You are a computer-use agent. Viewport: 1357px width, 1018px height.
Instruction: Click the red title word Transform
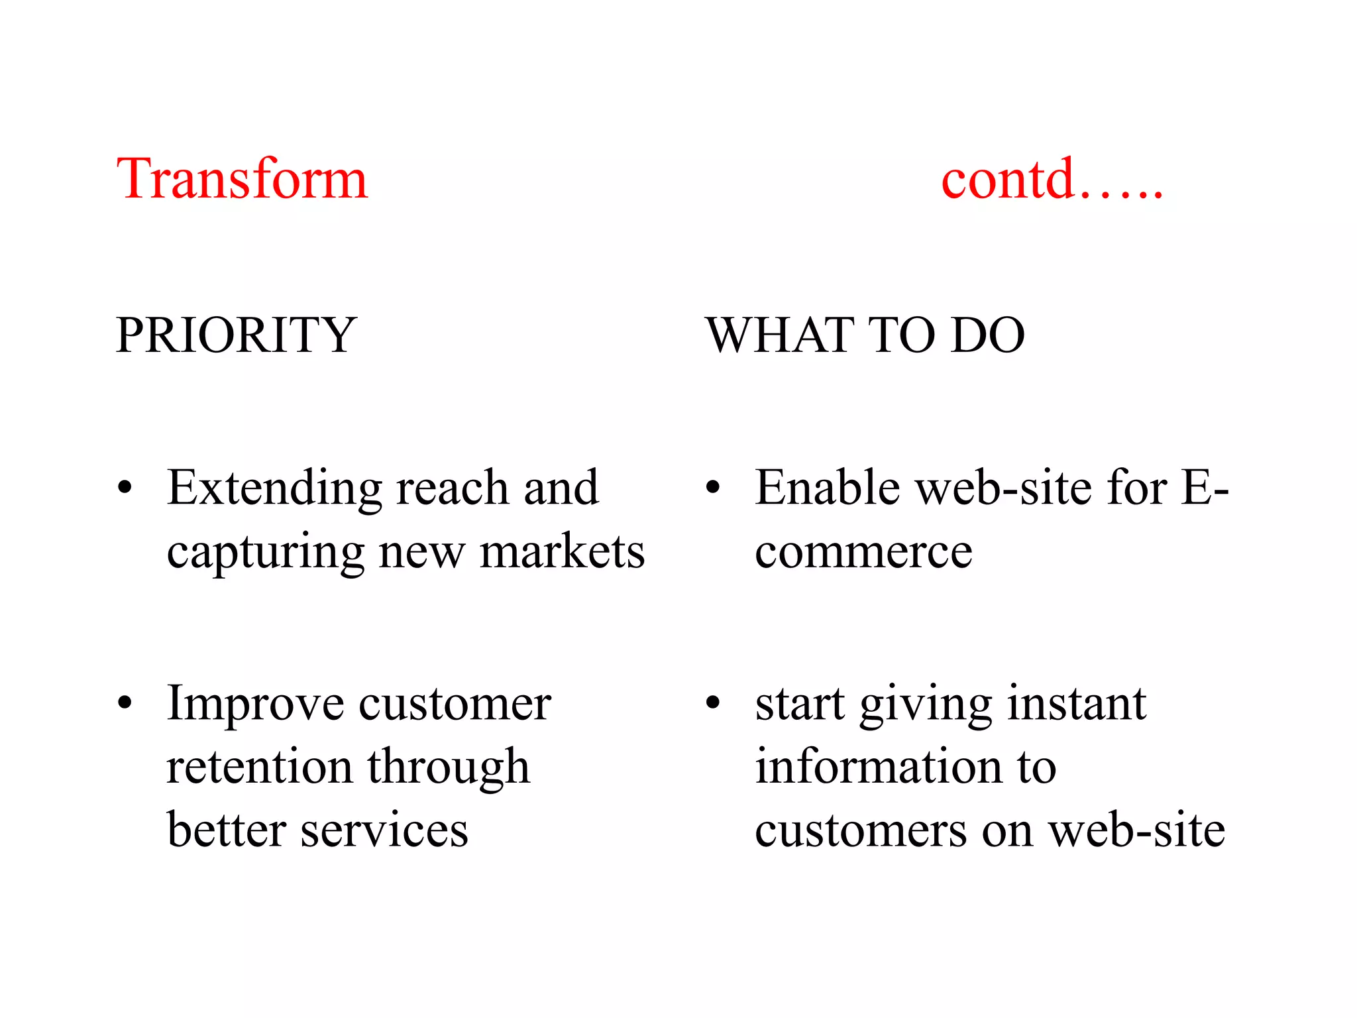coord(242,179)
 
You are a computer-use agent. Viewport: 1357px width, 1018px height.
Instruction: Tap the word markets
coord(562,551)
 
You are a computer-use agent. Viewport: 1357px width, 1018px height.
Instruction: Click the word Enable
coord(827,488)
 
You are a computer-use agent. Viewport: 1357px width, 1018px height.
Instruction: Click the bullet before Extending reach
coord(125,489)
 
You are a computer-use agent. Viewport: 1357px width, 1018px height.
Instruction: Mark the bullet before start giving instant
coord(712,703)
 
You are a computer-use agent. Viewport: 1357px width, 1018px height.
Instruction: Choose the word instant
coord(1077,703)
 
